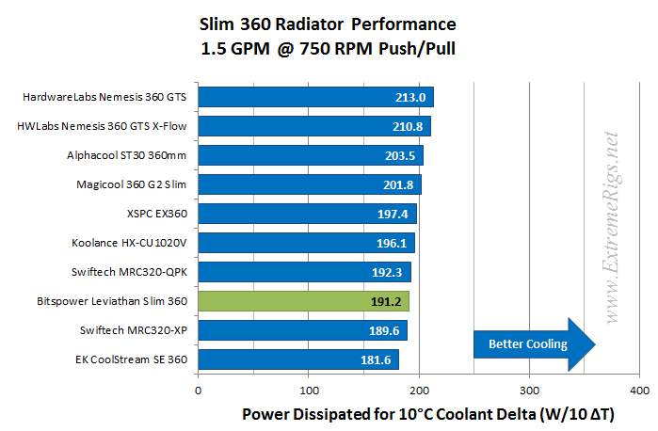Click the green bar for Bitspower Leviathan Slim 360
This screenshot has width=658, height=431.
[x=303, y=301]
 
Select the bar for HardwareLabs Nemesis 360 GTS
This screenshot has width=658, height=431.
[x=315, y=96]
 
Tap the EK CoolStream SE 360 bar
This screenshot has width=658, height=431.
[x=297, y=359]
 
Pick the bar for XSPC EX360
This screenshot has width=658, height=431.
[x=307, y=214]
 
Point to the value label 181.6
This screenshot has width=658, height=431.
[x=378, y=360]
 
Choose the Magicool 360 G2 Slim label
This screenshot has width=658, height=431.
[x=131, y=184]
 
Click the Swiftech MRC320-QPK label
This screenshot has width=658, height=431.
[x=130, y=272]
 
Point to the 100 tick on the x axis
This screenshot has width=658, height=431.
[x=308, y=388]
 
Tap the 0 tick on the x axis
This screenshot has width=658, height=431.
[x=198, y=388]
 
